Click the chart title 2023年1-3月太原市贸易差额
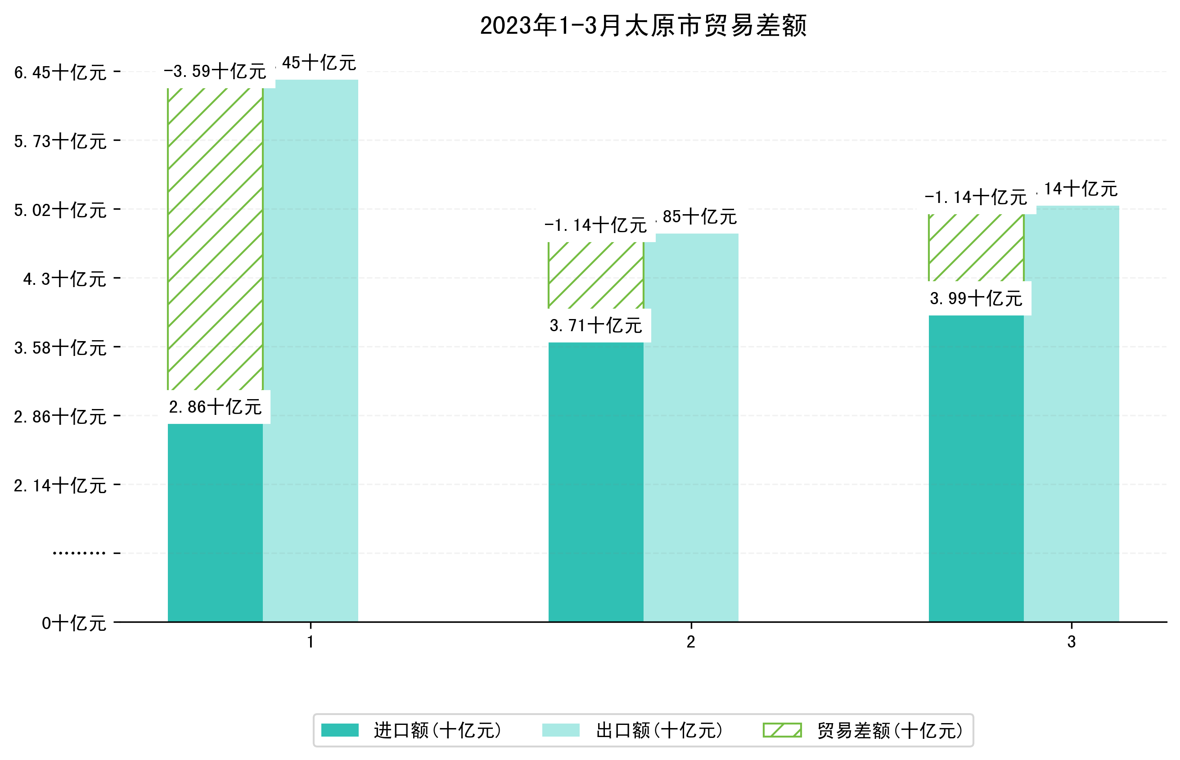click(643, 26)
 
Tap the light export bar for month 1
click(311, 351)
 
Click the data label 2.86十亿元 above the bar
click(215, 407)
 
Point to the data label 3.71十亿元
click(596, 326)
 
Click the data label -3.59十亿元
click(215, 72)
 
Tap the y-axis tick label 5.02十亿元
click(60, 210)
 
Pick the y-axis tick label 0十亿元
click(74, 623)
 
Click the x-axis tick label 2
click(691, 642)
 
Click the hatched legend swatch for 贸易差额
click(782, 730)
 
